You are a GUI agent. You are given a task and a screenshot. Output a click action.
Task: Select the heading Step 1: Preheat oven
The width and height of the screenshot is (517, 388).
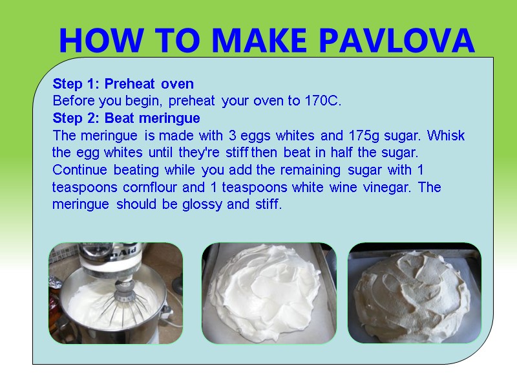pyautogui.click(x=123, y=84)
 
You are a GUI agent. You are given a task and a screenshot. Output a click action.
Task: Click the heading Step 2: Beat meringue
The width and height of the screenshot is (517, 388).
pyautogui.click(x=126, y=118)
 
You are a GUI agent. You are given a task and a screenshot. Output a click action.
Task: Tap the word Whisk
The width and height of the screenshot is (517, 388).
pyautogui.click(x=446, y=136)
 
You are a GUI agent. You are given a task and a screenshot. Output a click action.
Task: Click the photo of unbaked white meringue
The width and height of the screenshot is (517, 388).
pyautogui.click(x=269, y=293)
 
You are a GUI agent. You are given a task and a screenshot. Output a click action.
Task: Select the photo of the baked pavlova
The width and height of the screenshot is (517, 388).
pyautogui.click(x=414, y=293)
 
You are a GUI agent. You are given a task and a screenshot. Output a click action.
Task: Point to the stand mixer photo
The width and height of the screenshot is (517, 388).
pyautogui.click(x=116, y=293)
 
